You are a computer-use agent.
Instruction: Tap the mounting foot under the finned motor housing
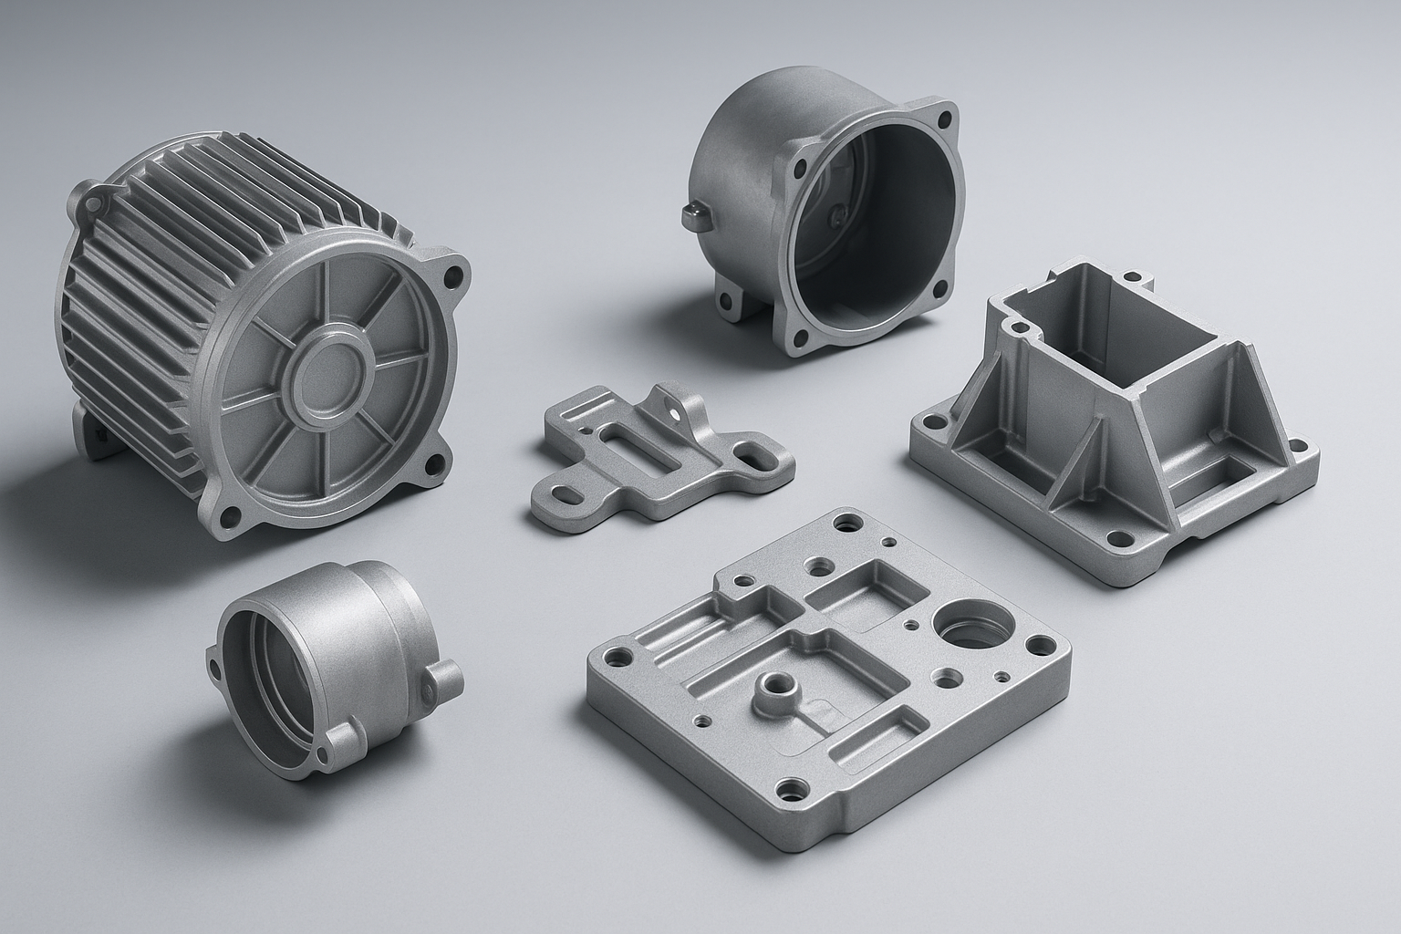coord(91,438)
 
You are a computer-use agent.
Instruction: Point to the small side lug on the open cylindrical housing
coord(696,212)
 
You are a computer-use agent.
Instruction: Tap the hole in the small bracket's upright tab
coord(675,411)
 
